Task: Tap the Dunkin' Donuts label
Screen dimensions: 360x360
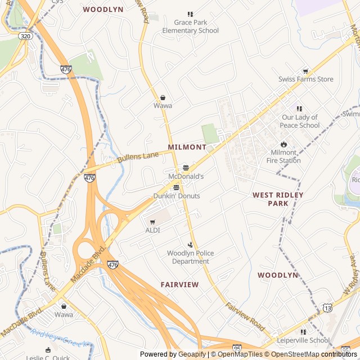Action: tap(177, 196)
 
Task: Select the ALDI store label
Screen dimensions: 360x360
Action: tap(152, 230)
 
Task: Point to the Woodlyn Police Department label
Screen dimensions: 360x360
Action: tap(190, 257)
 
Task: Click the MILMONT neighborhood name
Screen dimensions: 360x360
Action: tap(187, 147)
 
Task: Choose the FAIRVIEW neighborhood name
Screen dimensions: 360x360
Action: tap(179, 285)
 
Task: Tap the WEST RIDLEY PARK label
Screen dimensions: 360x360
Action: tap(278, 199)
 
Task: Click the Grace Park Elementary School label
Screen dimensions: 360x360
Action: tap(190, 26)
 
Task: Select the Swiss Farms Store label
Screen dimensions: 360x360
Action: tap(305, 79)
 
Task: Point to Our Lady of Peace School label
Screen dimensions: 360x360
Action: tap(300, 121)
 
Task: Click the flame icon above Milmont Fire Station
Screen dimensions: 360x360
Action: tap(283, 144)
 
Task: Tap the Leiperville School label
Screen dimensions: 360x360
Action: tap(303, 340)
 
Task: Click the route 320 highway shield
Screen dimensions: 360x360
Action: tap(24, 35)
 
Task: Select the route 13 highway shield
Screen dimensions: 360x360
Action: tap(327, 307)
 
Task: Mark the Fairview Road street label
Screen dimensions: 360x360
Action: tap(245, 316)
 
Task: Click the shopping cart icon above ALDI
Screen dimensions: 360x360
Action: tap(152, 222)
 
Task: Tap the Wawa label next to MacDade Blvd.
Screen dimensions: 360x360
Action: tap(64, 314)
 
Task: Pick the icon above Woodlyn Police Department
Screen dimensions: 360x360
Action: tap(190, 245)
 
